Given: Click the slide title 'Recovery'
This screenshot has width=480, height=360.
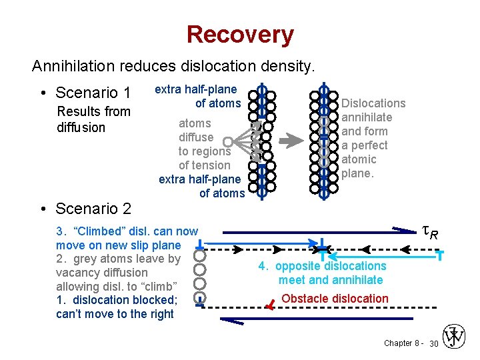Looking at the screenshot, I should point(239,35).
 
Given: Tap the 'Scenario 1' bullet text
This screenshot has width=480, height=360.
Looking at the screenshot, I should point(93,92).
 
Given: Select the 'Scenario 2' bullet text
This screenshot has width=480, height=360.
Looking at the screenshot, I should point(93,209).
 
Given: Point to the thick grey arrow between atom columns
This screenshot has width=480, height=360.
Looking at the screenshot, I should point(291,141).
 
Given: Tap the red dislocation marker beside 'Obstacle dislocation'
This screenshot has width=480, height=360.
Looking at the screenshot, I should point(269,306).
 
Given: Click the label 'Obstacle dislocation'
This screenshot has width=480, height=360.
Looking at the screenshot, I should point(335,299).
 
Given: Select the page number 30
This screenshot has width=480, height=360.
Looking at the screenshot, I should point(433,343).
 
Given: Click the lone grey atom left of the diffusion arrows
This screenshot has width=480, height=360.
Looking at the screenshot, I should point(227,141).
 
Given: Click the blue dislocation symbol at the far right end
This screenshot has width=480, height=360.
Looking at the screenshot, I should point(440,254).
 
